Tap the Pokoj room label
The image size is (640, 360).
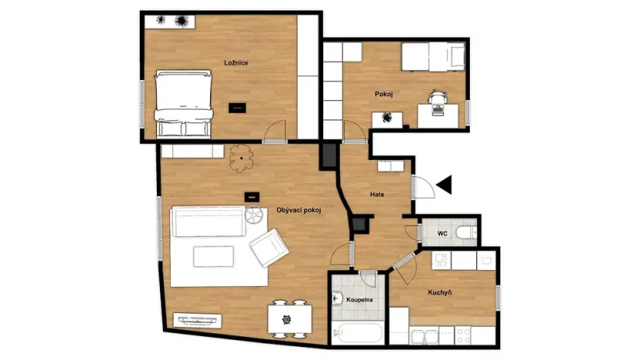(384, 94)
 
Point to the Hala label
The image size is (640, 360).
(377, 195)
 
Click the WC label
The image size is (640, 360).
(442, 232)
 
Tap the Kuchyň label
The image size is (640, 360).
(439, 292)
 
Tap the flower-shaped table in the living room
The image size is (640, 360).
(242, 158)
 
